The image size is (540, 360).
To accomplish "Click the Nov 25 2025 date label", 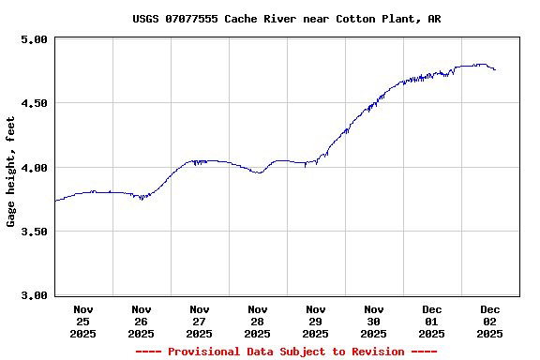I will point(83,321).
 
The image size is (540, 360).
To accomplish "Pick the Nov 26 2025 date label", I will point(142,321).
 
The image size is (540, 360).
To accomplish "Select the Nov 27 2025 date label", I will point(200,321).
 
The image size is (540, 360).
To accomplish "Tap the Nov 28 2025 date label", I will point(258,321).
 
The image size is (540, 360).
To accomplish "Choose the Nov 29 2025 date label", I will point(316,321).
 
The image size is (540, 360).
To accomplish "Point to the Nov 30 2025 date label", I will point(374,321).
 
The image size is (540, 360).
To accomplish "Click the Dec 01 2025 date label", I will point(432,321).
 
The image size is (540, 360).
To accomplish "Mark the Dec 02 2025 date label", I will point(490,321).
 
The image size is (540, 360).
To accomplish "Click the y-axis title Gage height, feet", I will point(11,172).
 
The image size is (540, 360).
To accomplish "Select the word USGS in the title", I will point(146,19).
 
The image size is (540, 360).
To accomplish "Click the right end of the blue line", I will point(495,70).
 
